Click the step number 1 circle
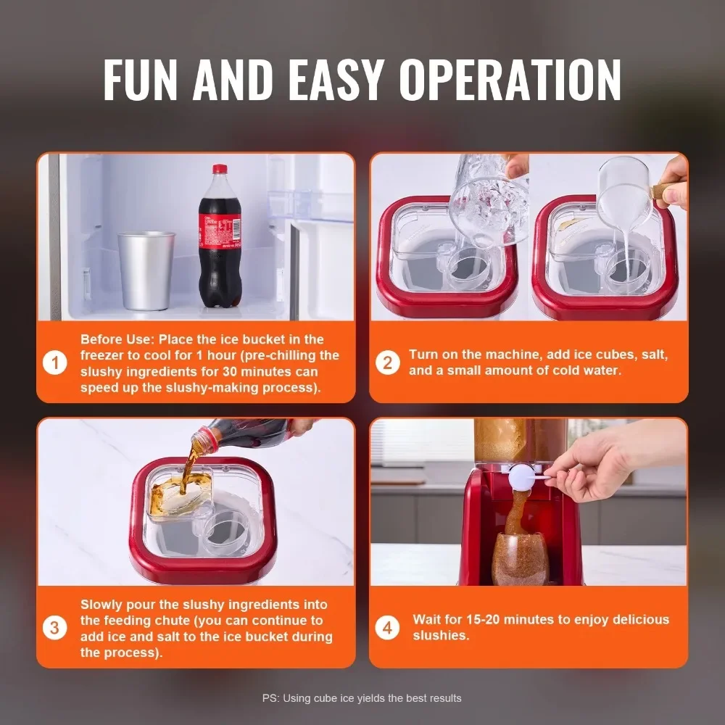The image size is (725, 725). [x=55, y=362]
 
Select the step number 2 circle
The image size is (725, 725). [x=387, y=362]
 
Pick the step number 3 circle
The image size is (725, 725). [x=55, y=628]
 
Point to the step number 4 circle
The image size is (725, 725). [x=387, y=628]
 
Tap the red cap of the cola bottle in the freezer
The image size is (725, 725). [x=220, y=170]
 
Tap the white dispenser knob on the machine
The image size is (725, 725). [x=522, y=477]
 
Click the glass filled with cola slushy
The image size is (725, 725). [x=520, y=558]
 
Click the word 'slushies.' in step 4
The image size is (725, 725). [x=441, y=636]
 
